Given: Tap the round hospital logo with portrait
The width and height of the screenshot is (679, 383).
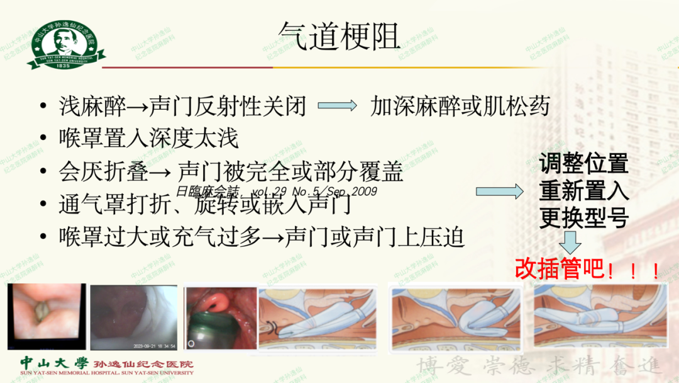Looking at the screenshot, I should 61,43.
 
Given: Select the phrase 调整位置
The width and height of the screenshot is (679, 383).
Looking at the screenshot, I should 583,165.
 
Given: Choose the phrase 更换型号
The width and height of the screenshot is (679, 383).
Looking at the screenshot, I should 583,218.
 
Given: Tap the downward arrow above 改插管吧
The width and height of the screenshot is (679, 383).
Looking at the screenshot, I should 571,242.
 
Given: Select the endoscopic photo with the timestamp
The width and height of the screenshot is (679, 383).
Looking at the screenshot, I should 134,317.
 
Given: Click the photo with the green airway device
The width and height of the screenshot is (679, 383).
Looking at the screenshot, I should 221,318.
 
